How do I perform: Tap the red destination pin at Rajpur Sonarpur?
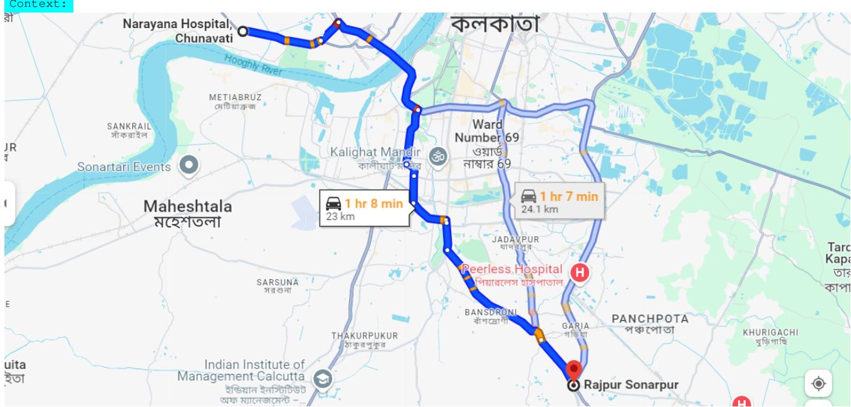[573, 369]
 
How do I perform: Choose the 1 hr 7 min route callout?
[560, 201]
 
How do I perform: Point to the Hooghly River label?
[253, 64]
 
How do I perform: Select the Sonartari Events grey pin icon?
[189, 166]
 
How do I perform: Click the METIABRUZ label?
[236, 101]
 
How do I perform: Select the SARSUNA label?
[278, 286]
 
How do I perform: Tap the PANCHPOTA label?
[650, 323]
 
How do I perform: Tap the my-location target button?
[819, 383]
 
